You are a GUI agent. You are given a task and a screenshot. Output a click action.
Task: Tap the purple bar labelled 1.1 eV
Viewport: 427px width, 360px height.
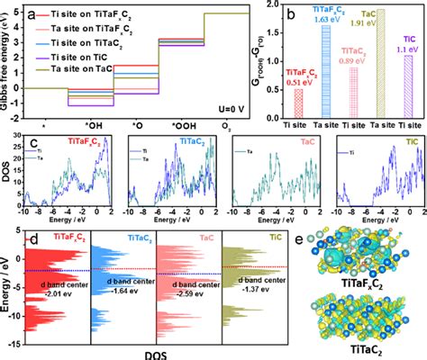[x=408, y=90]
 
